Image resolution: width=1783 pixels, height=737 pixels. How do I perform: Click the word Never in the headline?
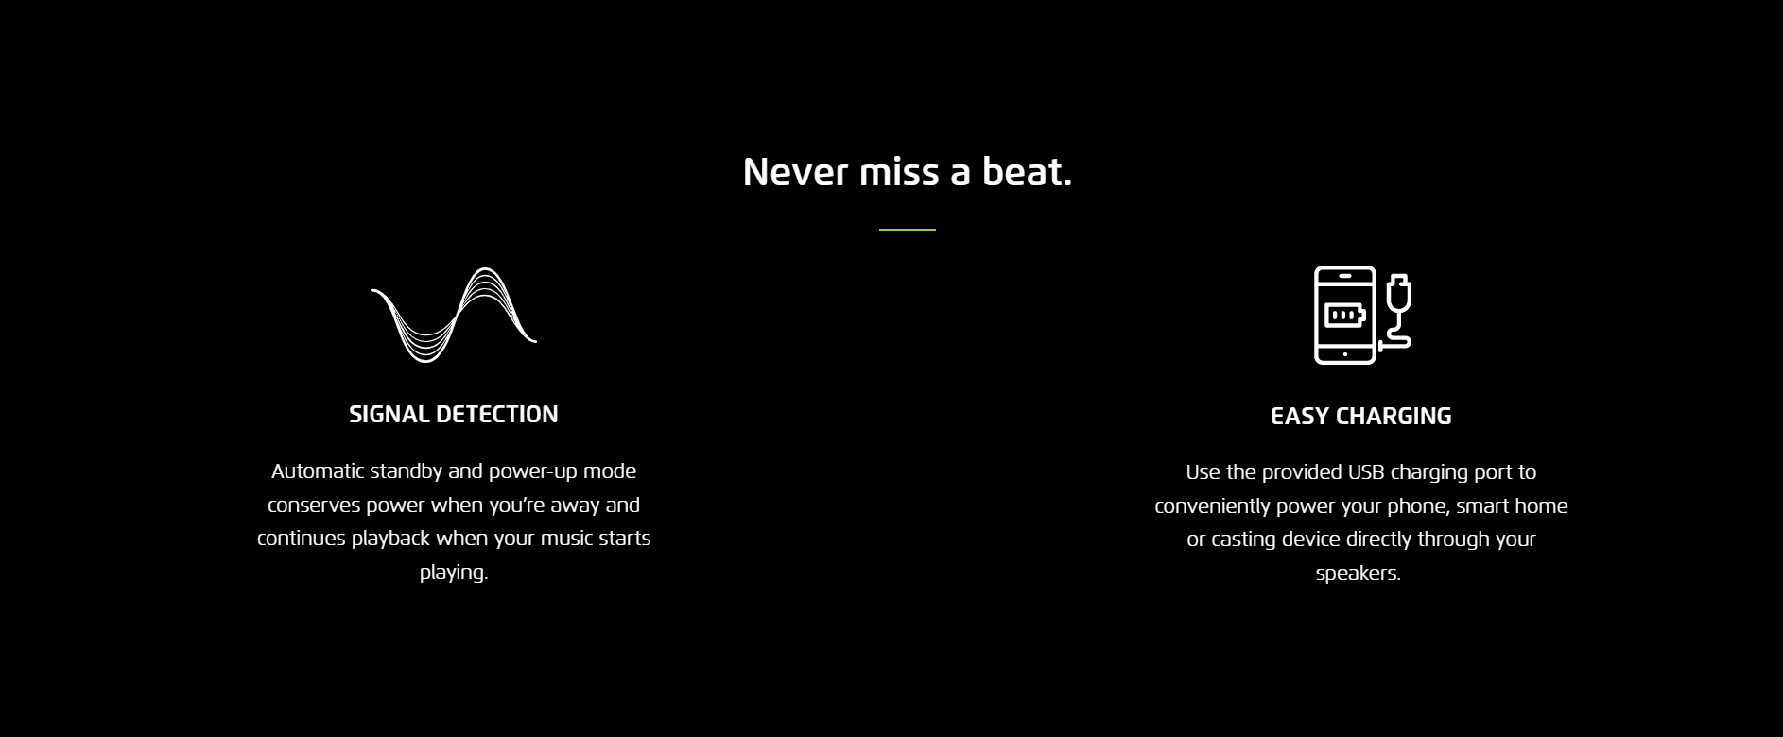point(795,172)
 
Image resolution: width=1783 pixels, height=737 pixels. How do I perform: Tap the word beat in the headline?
point(1023,172)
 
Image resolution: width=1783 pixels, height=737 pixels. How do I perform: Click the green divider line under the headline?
point(908,230)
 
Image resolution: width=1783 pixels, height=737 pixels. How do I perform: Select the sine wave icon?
point(454,315)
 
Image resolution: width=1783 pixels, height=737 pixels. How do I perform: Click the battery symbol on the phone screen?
point(1344,315)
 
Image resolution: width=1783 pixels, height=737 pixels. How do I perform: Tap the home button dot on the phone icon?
point(1345,354)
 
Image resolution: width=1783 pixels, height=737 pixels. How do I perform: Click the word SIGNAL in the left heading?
point(389,414)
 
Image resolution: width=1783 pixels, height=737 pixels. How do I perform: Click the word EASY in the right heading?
point(1301,416)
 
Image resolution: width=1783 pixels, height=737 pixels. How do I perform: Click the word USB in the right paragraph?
point(1366,471)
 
